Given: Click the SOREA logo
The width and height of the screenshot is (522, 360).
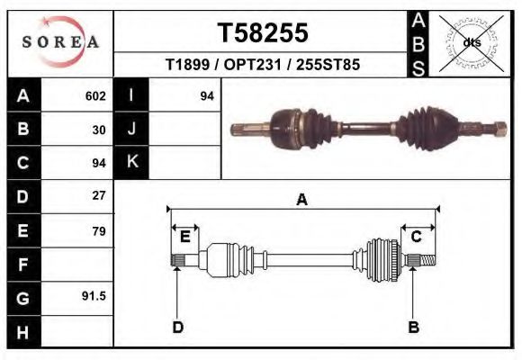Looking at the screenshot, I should coord(60,41).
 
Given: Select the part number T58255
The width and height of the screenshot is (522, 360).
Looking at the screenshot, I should coord(263,32).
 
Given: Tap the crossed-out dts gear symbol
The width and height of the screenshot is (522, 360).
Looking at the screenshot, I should coord(472,41).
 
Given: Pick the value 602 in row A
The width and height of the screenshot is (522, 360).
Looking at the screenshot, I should coord(95,96).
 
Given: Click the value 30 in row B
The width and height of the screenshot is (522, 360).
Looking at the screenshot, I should coord(99,130).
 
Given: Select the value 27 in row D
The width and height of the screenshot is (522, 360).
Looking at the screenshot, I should coord(99,196).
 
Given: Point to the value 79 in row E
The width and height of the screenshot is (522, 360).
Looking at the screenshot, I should coord(99,231).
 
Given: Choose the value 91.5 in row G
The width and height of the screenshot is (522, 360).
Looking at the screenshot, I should coord(94,296).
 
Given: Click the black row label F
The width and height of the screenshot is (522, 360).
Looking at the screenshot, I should coord(22,265).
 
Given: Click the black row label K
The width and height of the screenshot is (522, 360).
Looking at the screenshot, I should coord(131,162).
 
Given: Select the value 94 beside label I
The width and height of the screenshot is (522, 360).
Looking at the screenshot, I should coord(206,96).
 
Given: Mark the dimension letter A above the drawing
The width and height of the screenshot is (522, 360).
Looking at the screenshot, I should coord(302,200).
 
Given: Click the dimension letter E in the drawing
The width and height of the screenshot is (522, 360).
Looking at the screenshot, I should coord(185,236).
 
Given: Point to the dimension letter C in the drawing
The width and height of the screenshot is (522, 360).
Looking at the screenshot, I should coord(417,236).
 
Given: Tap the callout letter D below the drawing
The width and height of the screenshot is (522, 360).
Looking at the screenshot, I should coord(177,327).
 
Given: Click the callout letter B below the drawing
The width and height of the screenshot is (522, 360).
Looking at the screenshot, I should coord(414,327).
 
